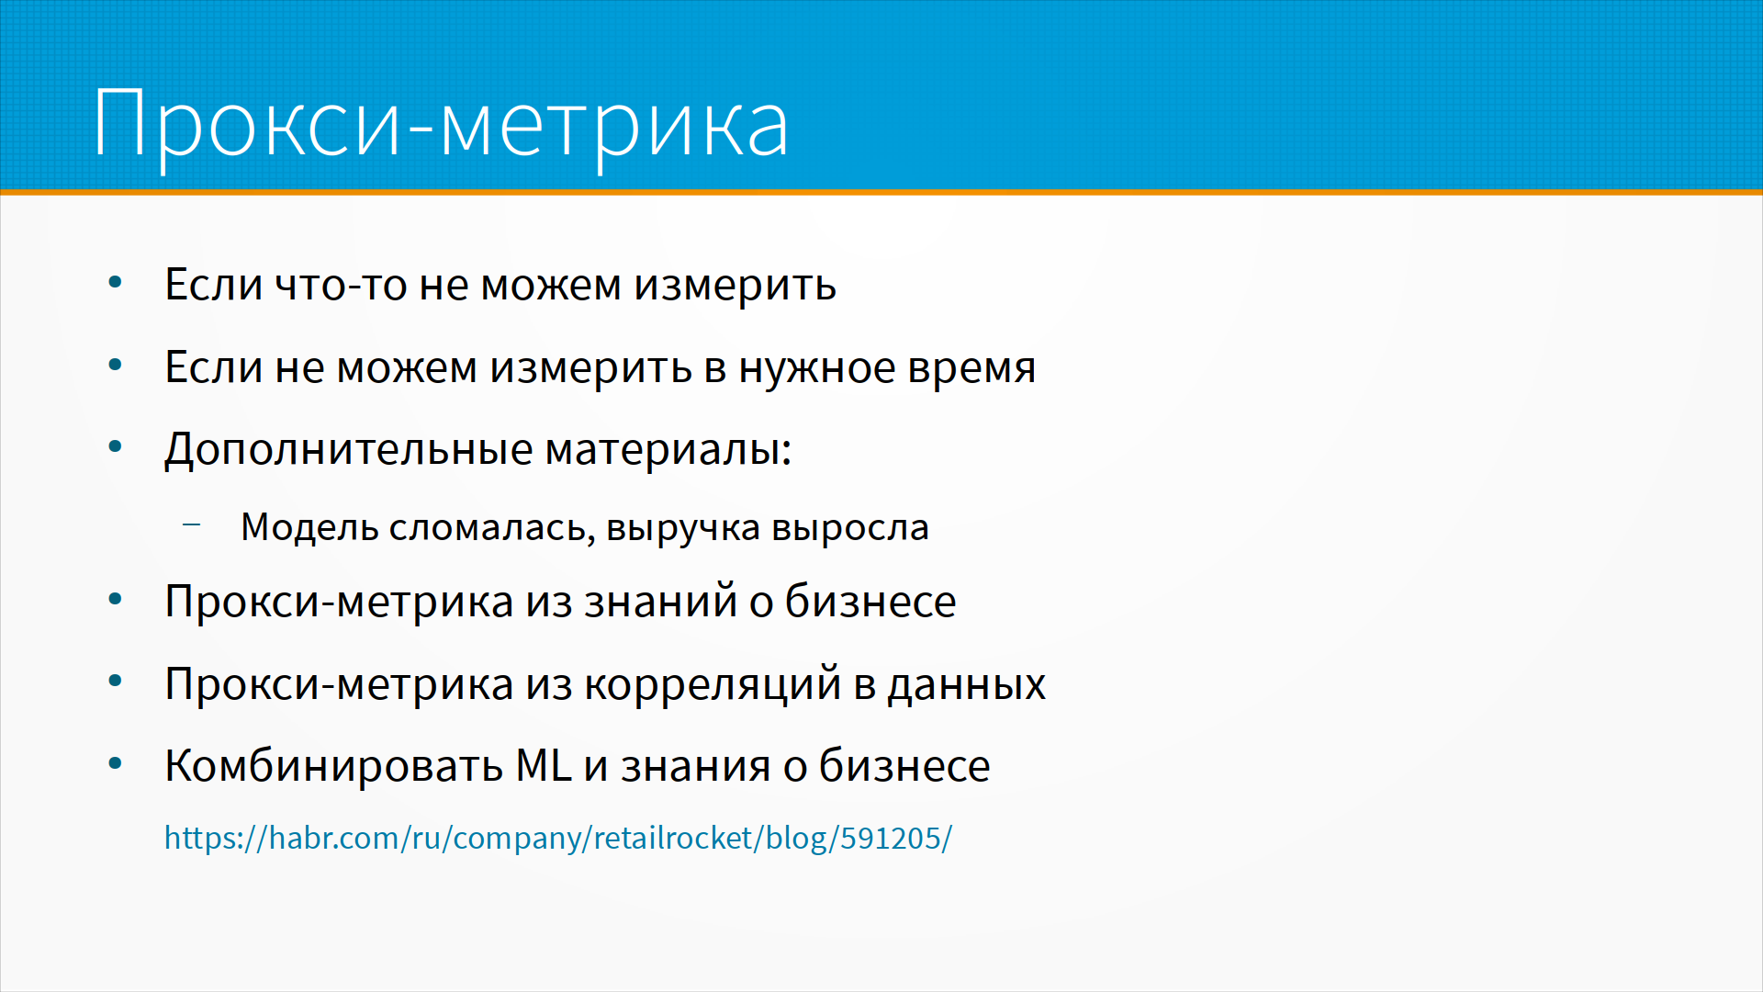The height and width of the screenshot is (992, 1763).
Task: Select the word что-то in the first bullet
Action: (x=341, y=285)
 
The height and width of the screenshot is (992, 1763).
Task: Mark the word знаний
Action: (x=661, y=602)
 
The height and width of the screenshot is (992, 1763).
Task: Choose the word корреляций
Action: (x=713, y=685)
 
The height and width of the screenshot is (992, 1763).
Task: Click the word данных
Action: (x=967, y=685)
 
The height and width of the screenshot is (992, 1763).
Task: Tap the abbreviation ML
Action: (x=544, y=766)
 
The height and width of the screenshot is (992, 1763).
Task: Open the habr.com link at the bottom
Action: (x=558, y=838)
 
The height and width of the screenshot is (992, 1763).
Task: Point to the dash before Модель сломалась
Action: (x=191, y=525)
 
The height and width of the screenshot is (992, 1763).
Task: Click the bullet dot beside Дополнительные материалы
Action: (x=115, y=447)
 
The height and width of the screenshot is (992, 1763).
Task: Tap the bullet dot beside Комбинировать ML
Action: (x=115, y=763)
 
